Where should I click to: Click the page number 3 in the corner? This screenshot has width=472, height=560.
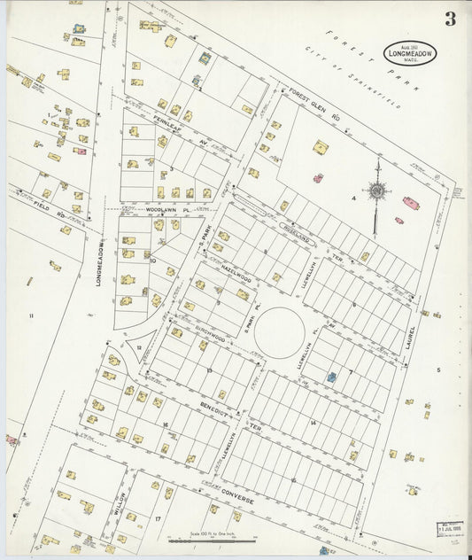(x=450, y=19)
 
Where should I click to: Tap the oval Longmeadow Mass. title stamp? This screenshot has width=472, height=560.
(x=409, y=53)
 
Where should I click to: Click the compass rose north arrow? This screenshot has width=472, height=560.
(x=377, y=190)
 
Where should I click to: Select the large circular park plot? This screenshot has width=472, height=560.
(x=280, y=333)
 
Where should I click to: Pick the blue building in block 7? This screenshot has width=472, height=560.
(x=331, y=377)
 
